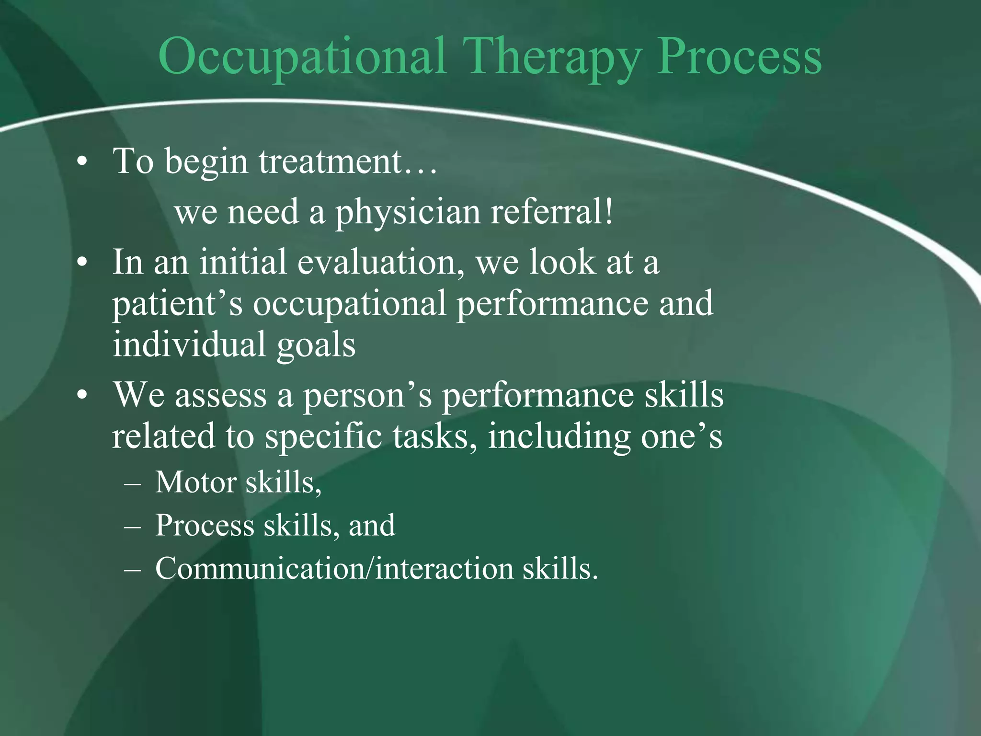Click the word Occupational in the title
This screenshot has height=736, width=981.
click(302, 58)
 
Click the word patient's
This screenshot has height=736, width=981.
click(177, 304)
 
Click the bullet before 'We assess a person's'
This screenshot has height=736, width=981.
click(82, 397)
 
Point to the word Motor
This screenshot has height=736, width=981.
click(196, 482)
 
